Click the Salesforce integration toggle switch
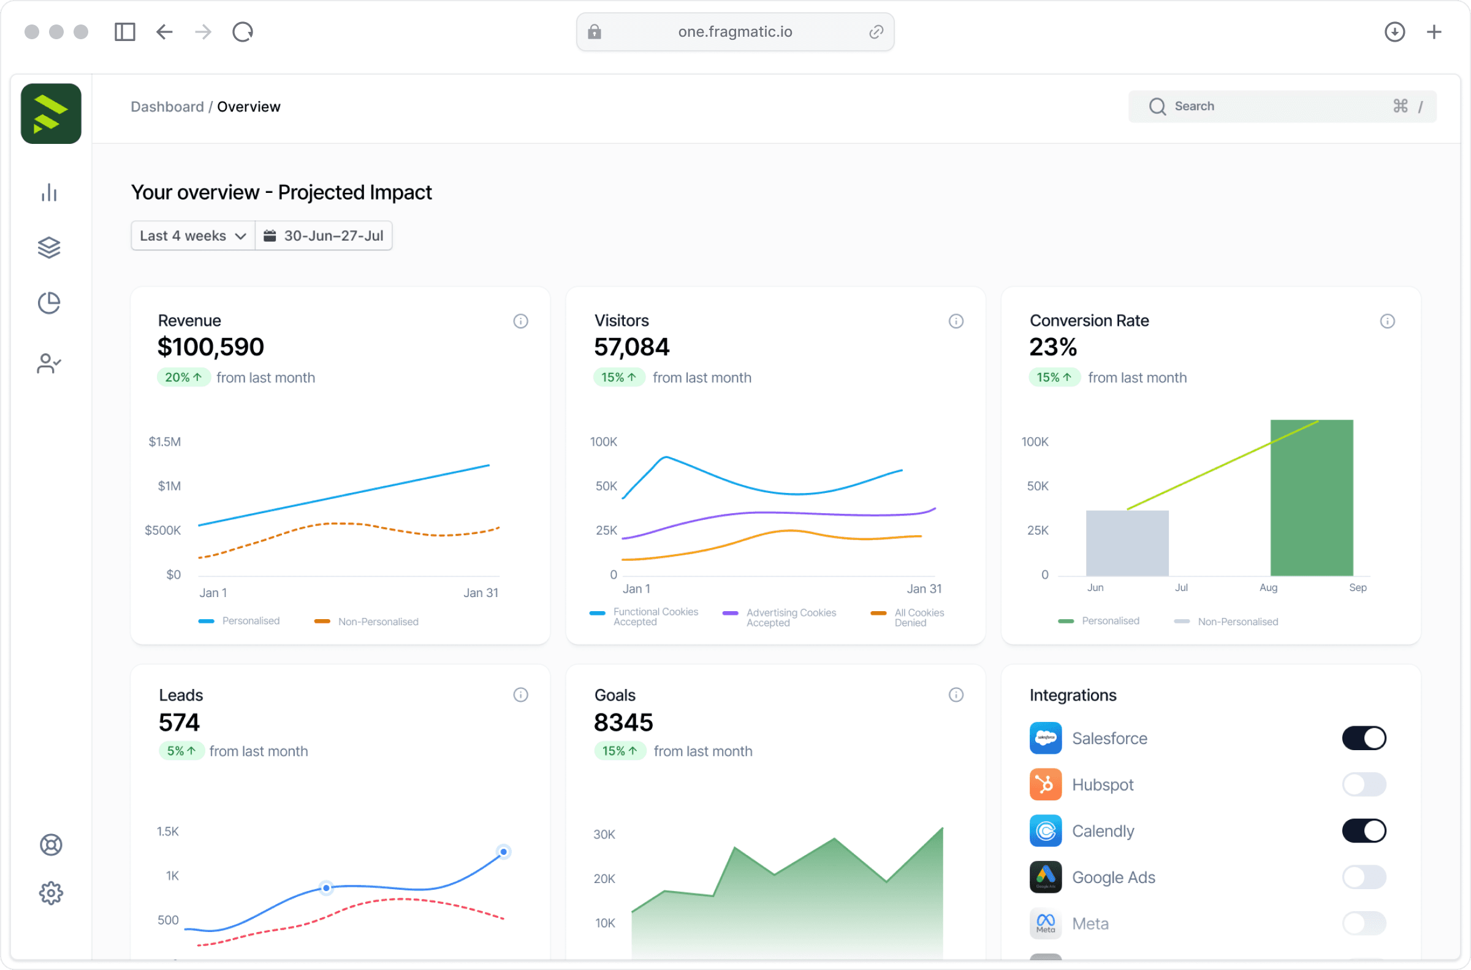pos(1363,738)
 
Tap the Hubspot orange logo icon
pos(1045,784)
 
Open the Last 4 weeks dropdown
pos(192,236)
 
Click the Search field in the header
pos(1282,107)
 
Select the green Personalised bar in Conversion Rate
pos(1311,498)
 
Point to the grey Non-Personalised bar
pos(1127,543)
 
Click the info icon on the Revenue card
pos(520,321)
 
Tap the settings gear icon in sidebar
pos(51,893)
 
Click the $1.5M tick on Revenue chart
pos(165,442)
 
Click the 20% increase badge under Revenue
pos(183,377)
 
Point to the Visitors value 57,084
pos(631,347)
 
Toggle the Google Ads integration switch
pos(1363,877)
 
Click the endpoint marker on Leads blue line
pos(503,852)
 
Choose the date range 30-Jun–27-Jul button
pos(324,236)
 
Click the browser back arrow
pos(164,32)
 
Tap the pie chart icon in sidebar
pos(49,303)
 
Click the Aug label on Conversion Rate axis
pos(1268,588)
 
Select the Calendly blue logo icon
pos(1045,831)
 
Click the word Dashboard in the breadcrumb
pos(167,107)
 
